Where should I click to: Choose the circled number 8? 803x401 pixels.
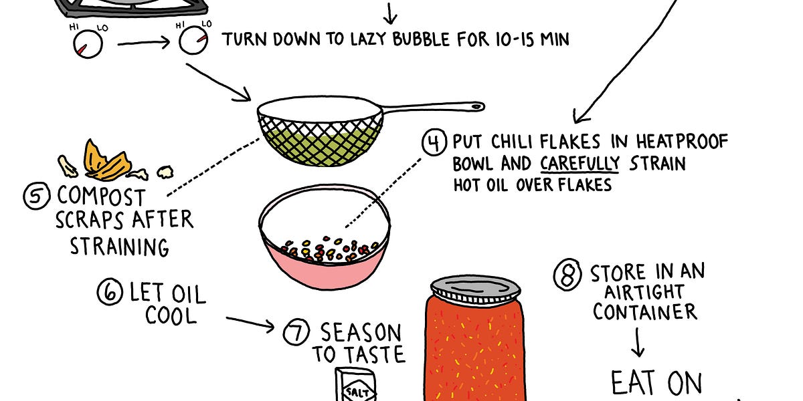point(567,276)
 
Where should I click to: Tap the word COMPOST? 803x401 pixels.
point(101,196)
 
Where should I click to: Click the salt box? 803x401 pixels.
point(355,386)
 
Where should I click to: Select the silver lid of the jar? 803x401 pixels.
point(475,288)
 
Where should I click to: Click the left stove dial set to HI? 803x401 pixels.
point(87,45)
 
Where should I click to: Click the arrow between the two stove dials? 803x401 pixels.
point(145,45)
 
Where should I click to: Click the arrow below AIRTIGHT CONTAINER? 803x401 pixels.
point(638,343)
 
